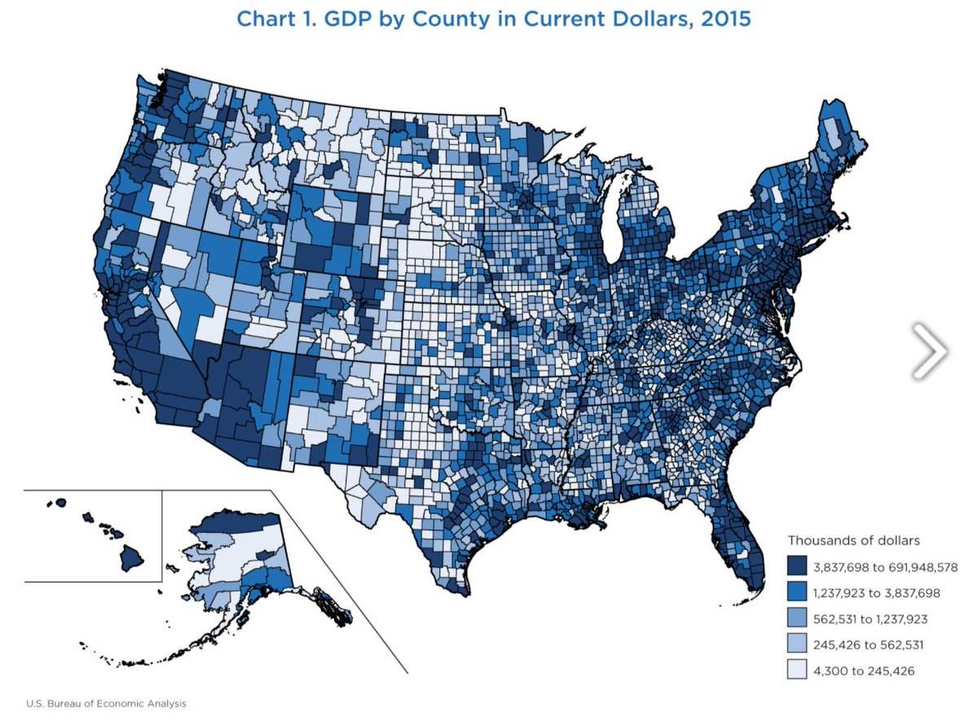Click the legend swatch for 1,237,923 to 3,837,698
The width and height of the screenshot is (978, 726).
798,592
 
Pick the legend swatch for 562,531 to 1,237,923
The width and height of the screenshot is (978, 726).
798,618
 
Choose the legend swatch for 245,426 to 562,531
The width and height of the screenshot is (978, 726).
798,645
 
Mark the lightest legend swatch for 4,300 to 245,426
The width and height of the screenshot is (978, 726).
798,671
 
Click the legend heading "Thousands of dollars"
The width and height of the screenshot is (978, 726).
853,540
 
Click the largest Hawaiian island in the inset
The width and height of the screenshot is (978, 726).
130,558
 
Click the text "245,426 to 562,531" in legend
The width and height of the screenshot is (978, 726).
869,645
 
